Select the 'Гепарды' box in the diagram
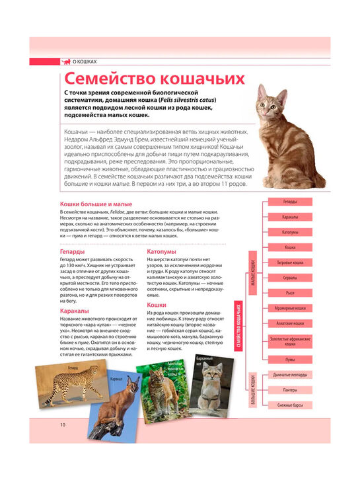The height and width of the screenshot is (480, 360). point(289,201)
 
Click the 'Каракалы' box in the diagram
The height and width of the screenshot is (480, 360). point(289,217)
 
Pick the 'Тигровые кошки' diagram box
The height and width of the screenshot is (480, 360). point(289,262)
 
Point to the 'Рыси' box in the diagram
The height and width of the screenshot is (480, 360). point(289,293)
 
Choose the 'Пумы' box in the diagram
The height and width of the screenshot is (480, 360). point(289,359)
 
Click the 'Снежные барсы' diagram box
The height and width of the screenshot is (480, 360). point(289,404)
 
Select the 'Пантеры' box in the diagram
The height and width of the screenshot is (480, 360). point(289,389)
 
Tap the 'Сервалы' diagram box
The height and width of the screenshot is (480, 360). point(289,278)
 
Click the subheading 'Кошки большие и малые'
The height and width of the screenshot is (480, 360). point(96,205)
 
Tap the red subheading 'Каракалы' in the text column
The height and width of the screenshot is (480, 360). point(74,310)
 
